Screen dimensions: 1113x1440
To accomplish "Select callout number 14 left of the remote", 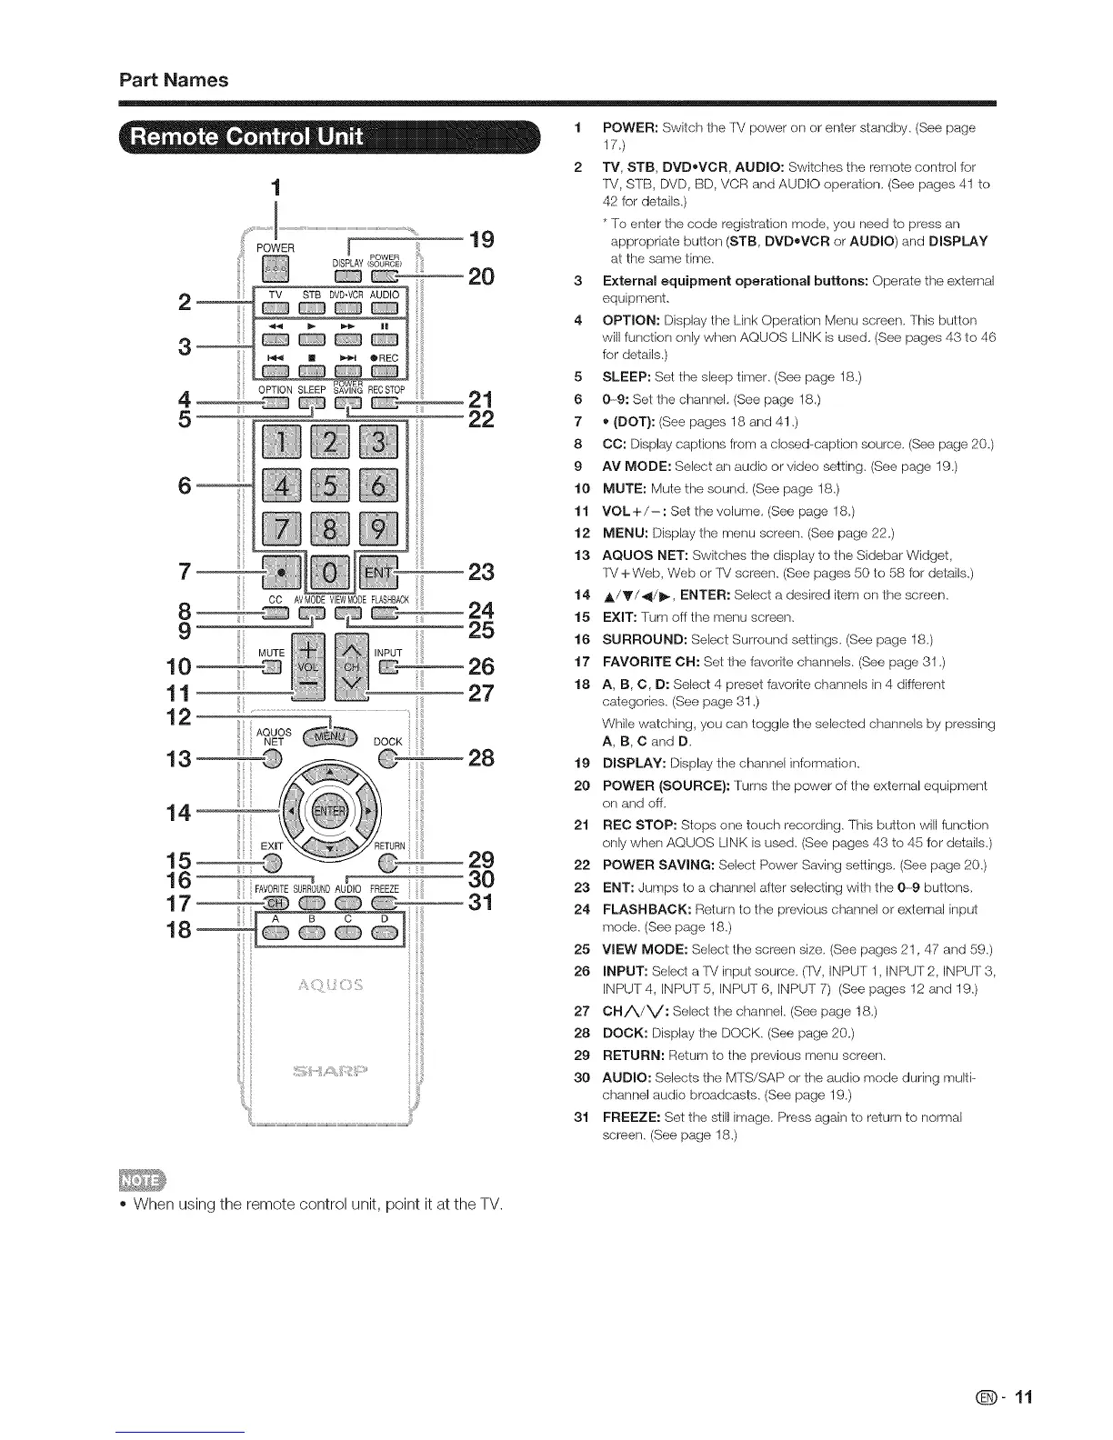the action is (178, 812).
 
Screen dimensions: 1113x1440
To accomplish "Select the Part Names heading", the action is (174, 80).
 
